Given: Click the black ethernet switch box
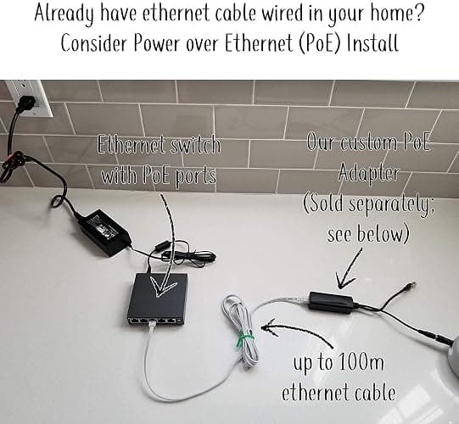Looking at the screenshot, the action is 158,300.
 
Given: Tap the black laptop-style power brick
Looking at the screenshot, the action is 104,232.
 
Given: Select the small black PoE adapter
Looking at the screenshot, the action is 332,302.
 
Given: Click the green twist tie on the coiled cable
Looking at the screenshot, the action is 245,338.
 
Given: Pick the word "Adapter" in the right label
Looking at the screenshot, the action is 368,172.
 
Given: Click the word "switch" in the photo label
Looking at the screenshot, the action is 195,144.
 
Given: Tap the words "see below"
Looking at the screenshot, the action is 367,234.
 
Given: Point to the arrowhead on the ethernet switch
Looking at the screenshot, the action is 162,287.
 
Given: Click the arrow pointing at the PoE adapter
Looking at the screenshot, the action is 348,268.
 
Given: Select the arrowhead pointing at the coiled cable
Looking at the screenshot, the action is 269,327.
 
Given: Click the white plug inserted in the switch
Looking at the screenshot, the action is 151,324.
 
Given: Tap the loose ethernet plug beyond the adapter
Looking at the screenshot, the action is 409,286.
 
